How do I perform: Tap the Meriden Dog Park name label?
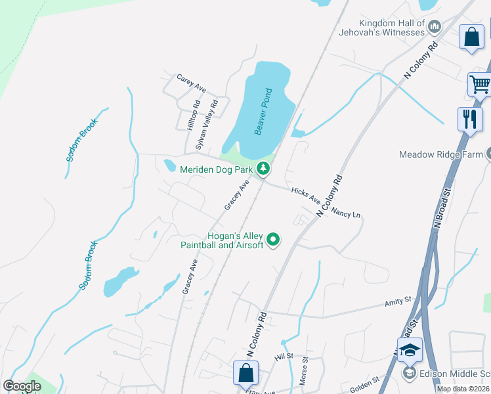pyautogui.click(x=217, y=169)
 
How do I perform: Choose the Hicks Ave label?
pyautogui.click(x=305, y=194)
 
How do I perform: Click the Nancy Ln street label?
pyautogui.click(x=346, y=213)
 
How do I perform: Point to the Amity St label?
pyautogui.click(x=398, y=301)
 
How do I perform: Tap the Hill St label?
pyautogui.click(x=283, y=356)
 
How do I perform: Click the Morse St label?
pyautogui.click(x=305, y=370)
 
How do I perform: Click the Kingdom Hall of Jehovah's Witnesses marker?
pyautogui.click(x=434, y=26)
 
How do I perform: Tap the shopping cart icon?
pyautogui.click(x=479, y=83)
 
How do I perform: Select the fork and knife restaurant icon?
pyautogui.click(x=470, y=118)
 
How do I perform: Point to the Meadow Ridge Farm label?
pyautogui.click(x=441, y=155)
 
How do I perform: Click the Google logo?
pyautogui.click(x=22, y=386)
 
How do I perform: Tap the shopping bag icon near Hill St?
pyautogui.click(x=245, y=372)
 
